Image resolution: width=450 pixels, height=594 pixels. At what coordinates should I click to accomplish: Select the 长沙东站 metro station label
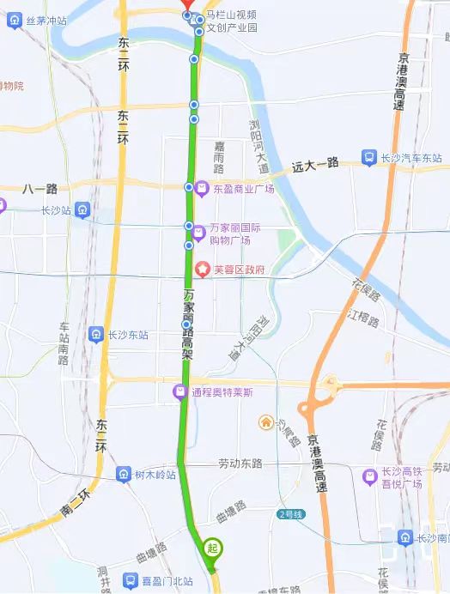127,335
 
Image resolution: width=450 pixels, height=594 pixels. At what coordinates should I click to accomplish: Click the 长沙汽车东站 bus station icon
368,158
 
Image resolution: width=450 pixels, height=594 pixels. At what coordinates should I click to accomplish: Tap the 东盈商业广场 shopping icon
202,188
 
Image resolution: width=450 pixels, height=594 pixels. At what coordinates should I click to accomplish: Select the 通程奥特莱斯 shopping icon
180,392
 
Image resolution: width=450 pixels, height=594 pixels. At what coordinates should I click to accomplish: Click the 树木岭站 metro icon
125,475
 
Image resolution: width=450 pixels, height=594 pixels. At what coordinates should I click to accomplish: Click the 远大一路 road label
315,162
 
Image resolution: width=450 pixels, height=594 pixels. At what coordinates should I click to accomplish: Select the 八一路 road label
40,188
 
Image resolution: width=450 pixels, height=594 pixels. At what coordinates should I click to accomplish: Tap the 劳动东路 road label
240,464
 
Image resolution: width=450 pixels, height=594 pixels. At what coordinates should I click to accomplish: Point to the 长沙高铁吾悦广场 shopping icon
370,474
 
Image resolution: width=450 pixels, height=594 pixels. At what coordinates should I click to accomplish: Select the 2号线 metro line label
291,513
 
